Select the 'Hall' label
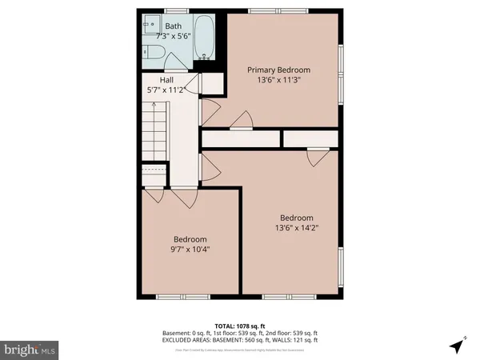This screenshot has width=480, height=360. click(166, 80)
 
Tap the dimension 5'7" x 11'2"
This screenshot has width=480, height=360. click(166, 90)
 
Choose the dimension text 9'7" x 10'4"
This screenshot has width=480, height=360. click(190, 250)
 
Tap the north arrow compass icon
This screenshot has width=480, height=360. click(457, 346)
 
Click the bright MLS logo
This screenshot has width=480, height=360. click(30, 350)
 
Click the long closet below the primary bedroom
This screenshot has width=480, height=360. click(240, 138)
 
